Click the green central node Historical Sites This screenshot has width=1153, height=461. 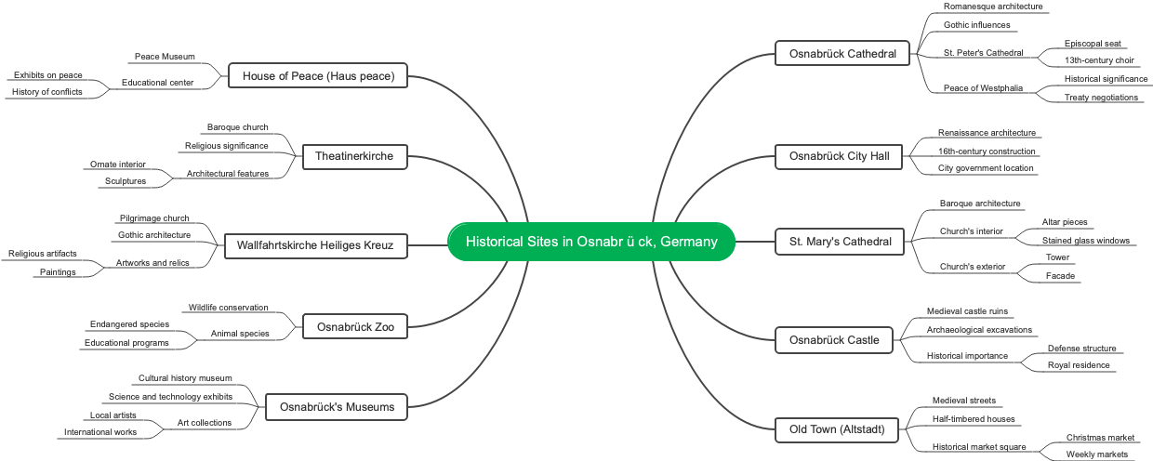(591, 242)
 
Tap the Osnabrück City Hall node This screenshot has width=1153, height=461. (840, 156)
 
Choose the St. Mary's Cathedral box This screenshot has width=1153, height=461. (840, 243)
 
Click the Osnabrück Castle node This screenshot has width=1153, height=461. (834, 340)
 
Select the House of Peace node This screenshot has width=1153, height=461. (318, 76)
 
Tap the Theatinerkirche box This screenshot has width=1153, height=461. (354, 157)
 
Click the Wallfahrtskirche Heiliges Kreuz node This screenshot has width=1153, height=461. (316, 246)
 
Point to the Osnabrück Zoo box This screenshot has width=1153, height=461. (354, 327)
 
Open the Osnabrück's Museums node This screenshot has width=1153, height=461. (337, 406)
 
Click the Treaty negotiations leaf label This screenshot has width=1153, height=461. (1101, 98)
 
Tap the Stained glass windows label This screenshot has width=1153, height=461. (1085, 241)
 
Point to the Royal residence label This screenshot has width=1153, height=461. (1079, 365)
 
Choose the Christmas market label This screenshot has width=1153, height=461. (1100, 438)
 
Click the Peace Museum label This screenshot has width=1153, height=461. (165, 57)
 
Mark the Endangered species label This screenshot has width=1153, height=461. (129, 324)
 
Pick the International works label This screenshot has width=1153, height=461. (100, 432)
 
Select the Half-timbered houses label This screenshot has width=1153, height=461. (974, 419)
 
